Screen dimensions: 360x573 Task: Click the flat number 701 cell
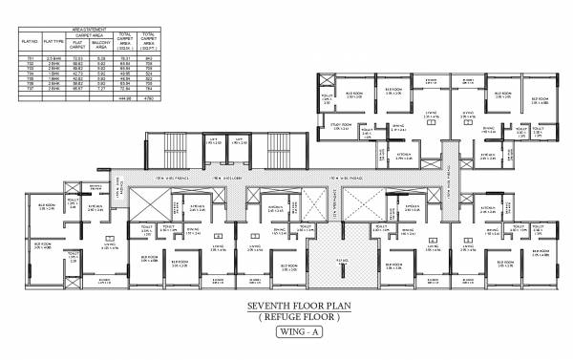(x=29, y=59)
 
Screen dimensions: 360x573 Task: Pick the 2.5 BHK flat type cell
(x=55, y=59)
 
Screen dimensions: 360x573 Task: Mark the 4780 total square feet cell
(x=149, y=98)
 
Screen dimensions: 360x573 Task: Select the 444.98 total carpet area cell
(x=124, y=98)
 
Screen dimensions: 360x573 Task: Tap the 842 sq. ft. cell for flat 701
(x=149, y=59)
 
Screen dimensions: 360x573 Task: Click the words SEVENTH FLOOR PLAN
(x=287, y=308)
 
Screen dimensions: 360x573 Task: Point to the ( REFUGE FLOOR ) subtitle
(x=287, y=320)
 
